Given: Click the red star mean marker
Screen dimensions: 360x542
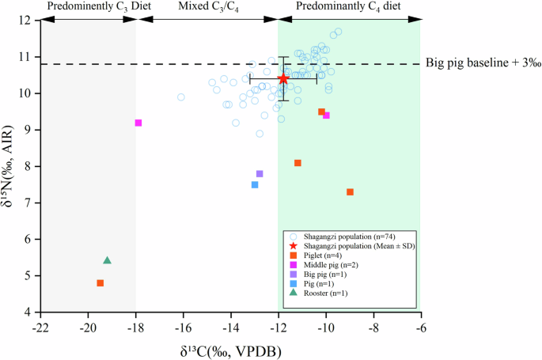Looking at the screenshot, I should [x=283, y=79].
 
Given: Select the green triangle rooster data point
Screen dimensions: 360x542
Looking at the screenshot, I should [x=108, y=260].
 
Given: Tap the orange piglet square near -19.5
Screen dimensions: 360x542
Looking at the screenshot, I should [x=100, y=283].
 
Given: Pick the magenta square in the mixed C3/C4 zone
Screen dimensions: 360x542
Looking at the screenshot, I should [x=138, y=123].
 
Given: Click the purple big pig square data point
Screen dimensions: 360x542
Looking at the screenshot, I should [x=260, y=173].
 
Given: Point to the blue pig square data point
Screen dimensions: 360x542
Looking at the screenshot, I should [x=255, y=184].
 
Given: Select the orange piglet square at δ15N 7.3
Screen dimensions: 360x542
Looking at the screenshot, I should [x=350, y=192].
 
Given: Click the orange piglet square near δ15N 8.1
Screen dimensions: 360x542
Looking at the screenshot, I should [x=298, y=163].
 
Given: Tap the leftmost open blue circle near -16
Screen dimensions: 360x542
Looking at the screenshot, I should [x=181, y=97].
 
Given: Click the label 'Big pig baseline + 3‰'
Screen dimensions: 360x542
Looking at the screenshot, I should [x=479, y=63].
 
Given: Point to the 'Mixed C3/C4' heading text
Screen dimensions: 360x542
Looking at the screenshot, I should [x=207, y=6].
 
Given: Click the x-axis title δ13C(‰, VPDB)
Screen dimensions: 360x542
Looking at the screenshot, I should [x=229, y=349].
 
